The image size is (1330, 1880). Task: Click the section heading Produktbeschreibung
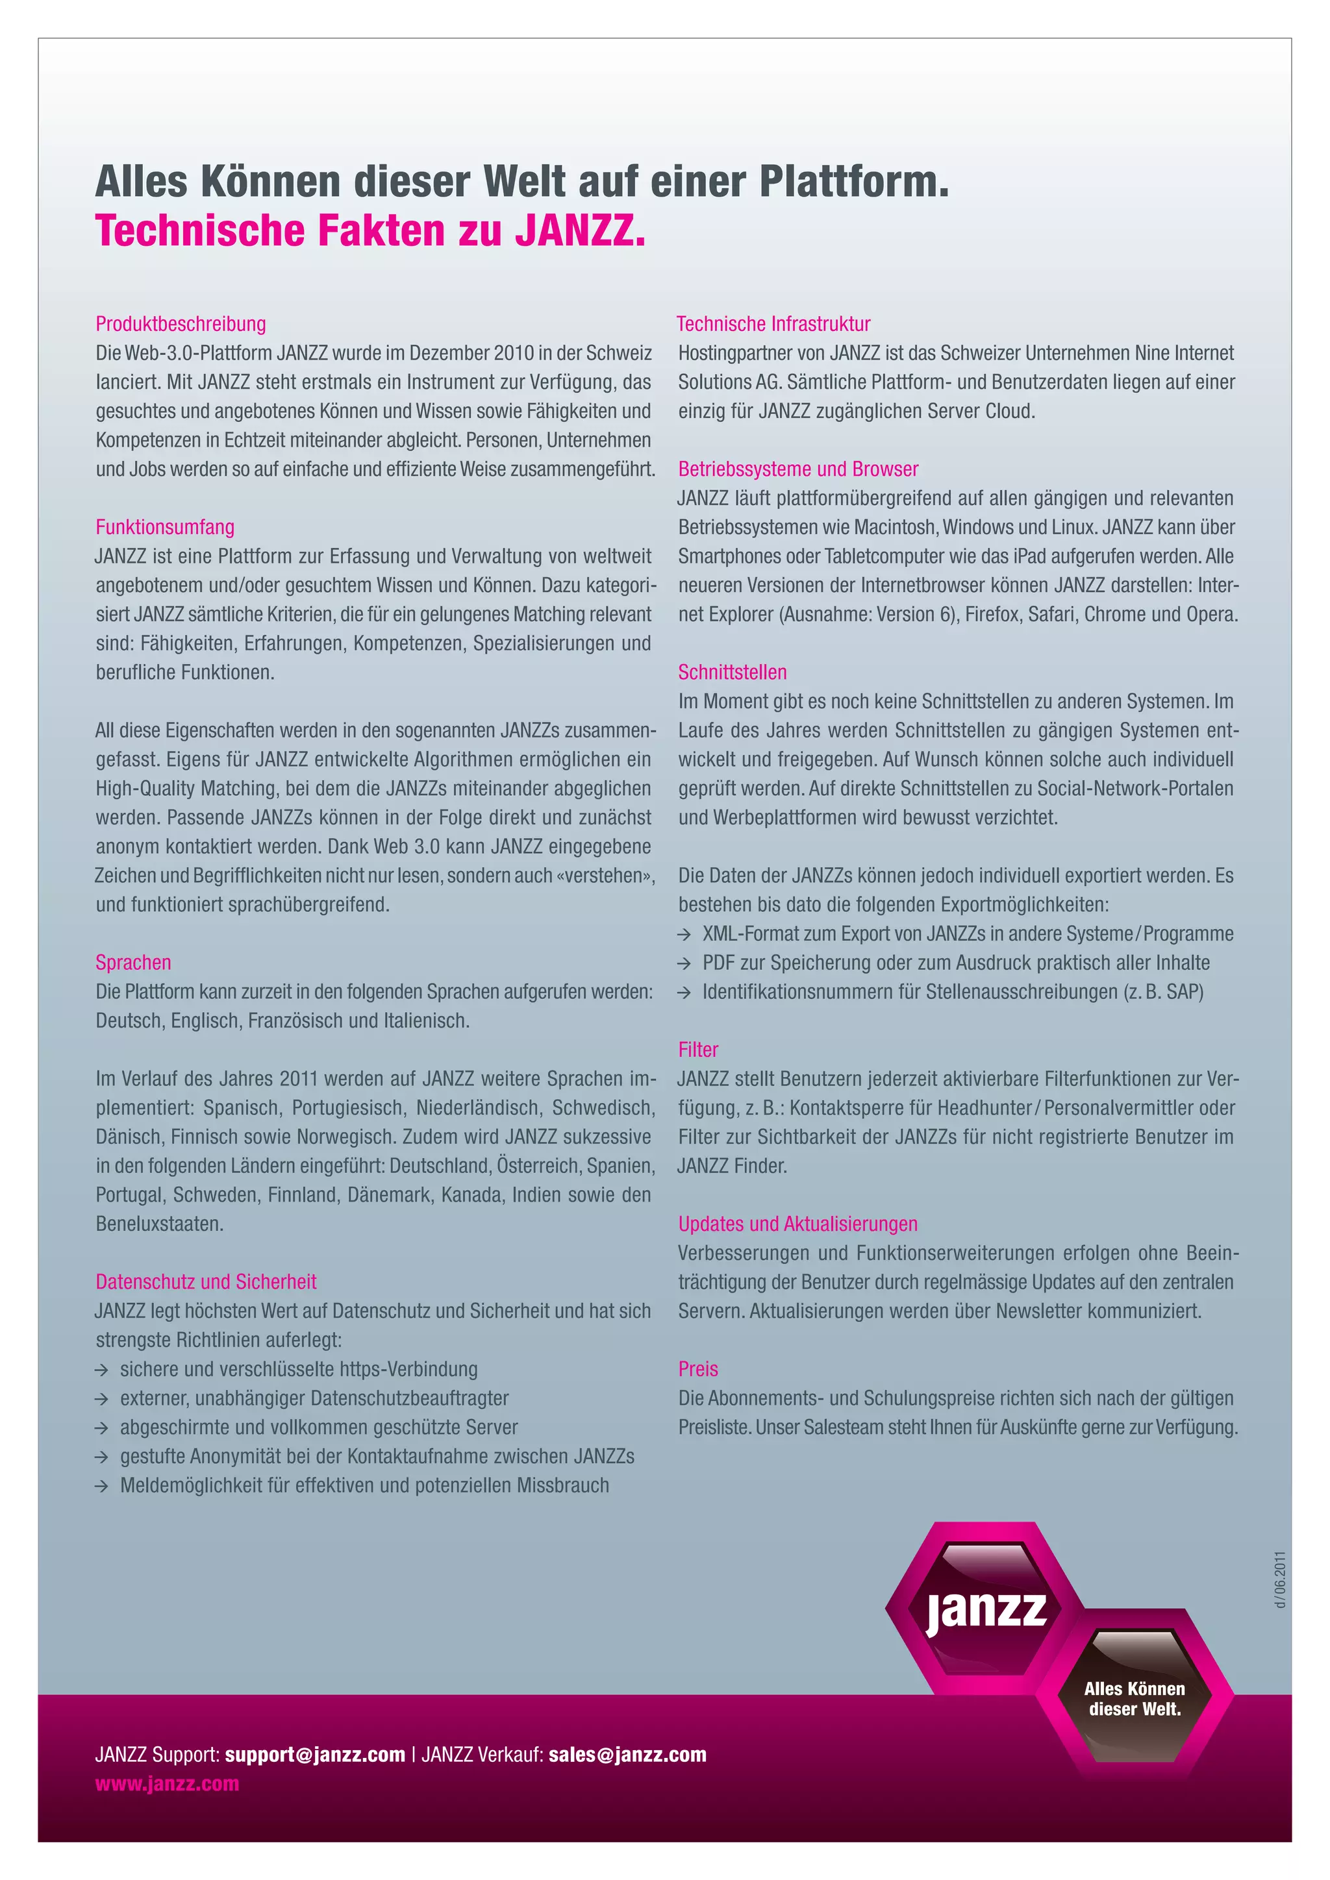[x=181, y=323]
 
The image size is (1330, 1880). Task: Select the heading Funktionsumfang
[x=164, y=526]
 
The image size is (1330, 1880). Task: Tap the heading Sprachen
[x=132, y=962]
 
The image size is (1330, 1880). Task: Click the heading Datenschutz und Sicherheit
[x=206, y=1281]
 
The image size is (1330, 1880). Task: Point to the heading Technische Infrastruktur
[x=773, y=323]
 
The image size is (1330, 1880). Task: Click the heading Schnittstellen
[x=732, y=673]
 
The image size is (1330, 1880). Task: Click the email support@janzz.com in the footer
[x=316, y=1754]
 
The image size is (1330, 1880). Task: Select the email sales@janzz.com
[x=627, y=1754]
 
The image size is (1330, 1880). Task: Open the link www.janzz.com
[x=167, y=1783]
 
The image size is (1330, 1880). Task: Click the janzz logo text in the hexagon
[x=986, y=1609]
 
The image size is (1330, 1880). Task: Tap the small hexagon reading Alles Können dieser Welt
[x=1135, y=1698]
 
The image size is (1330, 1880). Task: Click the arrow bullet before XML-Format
[x=684, y=934]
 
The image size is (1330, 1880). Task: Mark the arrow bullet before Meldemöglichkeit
[x=101, y=1485]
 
